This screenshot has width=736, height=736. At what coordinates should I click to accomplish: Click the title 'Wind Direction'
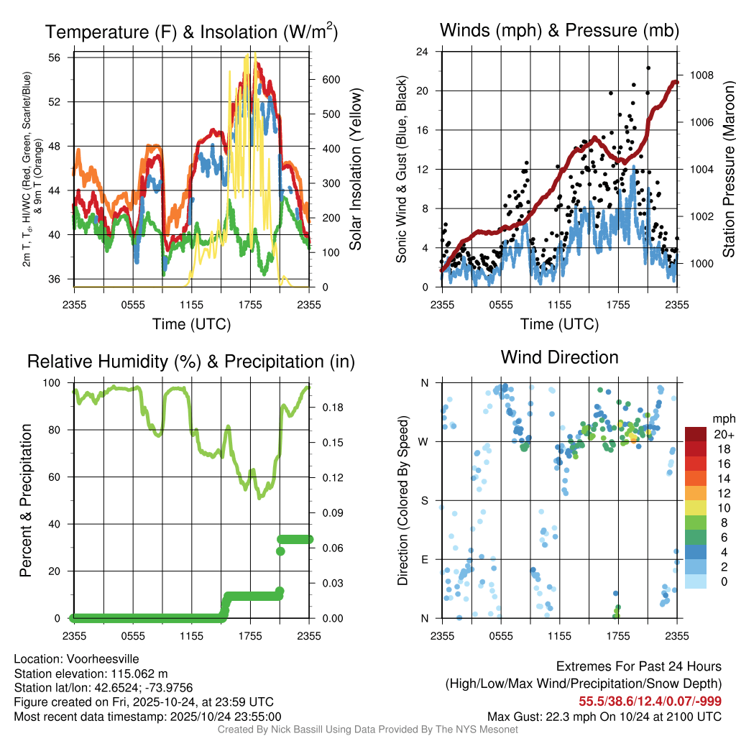coord(559,357)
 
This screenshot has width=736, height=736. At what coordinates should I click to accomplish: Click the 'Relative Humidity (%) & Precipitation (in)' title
coord(190,362)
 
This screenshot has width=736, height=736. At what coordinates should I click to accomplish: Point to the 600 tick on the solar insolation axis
coord(330,79)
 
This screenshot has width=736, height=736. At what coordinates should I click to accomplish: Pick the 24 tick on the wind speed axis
coord(423,52)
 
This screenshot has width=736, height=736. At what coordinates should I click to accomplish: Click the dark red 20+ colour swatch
coord(696,434)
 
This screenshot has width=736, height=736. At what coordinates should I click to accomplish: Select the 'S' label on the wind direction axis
coord(424,500)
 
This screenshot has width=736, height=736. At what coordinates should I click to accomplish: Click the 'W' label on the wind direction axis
coord(424,441)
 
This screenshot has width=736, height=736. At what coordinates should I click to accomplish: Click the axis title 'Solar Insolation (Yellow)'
coord(355,170)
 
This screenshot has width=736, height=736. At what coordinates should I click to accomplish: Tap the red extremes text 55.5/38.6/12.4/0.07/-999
coord(650,701)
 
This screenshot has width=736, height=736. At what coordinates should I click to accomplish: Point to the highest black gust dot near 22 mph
coord(648,68)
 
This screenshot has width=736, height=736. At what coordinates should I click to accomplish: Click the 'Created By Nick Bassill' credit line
coord(367,730)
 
